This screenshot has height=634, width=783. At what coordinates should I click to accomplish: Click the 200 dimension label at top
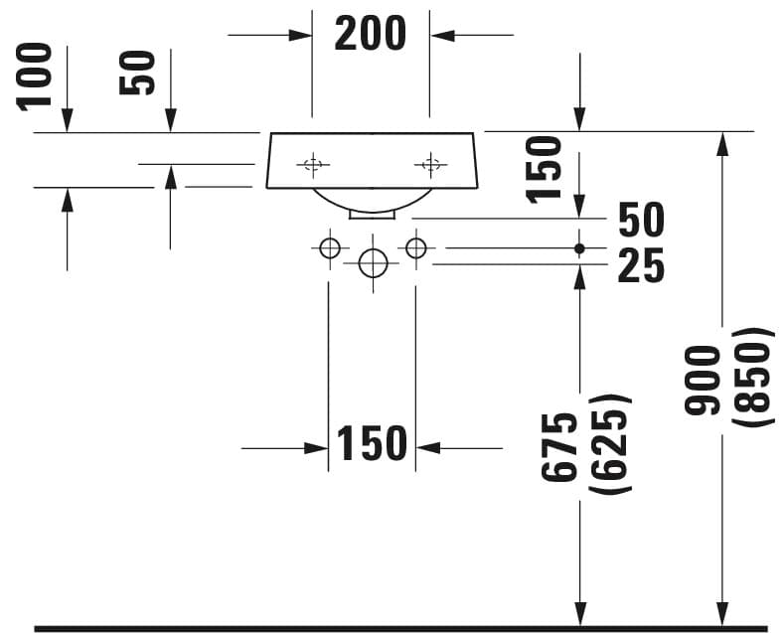point(370,34)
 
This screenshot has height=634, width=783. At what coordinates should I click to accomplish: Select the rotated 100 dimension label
point(35,77)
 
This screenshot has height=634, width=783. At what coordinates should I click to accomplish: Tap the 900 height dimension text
point(704,381)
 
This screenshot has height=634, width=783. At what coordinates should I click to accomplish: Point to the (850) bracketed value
point(753,378)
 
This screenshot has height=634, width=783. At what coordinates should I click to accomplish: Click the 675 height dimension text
point(560,448)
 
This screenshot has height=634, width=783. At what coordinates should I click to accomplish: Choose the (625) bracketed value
point(610,444)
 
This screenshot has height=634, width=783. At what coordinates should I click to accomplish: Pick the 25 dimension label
point(641,266)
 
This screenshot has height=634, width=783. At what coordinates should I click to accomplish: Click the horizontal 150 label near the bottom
point(372,443)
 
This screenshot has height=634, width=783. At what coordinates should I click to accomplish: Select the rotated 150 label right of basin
point(545,170)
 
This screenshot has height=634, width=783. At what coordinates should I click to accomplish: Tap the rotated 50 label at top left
point(137,73)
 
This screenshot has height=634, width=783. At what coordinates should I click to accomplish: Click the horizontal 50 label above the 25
point(641,220)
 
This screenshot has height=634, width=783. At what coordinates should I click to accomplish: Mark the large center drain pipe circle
point(373,263)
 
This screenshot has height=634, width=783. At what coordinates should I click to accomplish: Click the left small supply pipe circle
point(330,248)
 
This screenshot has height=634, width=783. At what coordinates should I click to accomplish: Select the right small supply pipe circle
point(416,248)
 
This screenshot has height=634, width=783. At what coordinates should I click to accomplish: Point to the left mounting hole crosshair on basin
point(313,164)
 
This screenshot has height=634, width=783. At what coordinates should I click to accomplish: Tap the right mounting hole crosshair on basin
point(430,164)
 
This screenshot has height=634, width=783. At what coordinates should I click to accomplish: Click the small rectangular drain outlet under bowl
point(373,215)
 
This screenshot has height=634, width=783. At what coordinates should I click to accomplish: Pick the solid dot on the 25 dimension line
point(579,248)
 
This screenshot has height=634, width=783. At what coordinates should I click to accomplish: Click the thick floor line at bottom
point(401,628)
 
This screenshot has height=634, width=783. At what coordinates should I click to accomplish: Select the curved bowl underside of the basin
point(373,210)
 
